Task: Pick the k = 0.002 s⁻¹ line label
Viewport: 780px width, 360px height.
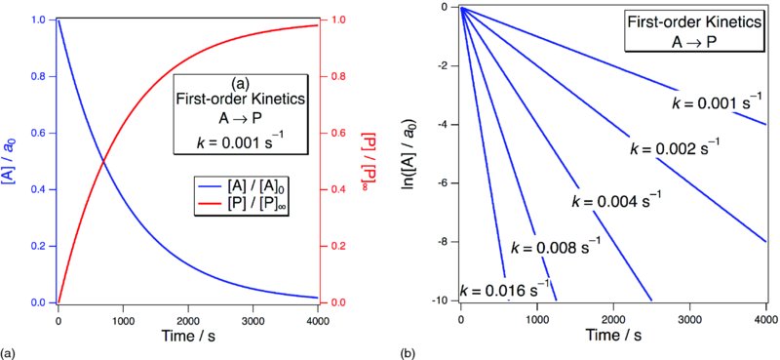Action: click(675, 148)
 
